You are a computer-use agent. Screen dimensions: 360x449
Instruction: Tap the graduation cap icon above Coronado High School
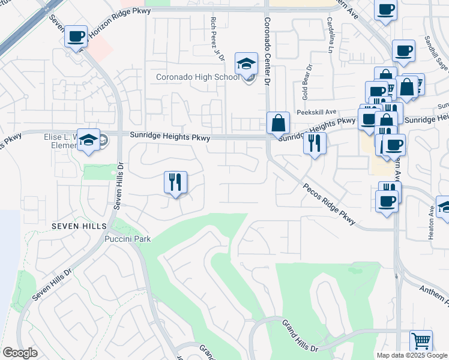click(x=246, y=63)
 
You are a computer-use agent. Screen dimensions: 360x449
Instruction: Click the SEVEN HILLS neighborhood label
click(x=79, y=226)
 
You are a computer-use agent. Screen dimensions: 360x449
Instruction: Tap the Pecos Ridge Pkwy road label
click(x=324, y=204)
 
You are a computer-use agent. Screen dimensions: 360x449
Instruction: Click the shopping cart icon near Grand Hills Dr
click(x=421, y=341)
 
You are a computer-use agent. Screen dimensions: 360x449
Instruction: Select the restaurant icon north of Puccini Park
click(x=175, y=182)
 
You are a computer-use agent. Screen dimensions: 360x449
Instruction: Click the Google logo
click(x=20, y=353)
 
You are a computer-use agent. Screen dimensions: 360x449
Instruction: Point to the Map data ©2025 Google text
click(x=411, y=355)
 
